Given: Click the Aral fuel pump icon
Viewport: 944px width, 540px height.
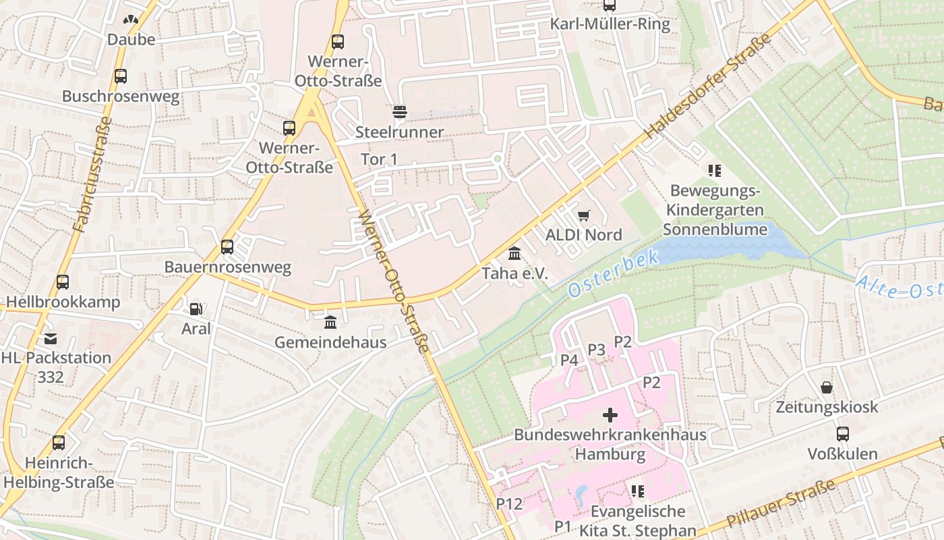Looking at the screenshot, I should [196, 309].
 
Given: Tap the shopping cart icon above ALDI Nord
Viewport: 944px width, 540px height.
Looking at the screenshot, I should [584, 215].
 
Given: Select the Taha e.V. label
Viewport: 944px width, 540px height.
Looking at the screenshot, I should [514, 273].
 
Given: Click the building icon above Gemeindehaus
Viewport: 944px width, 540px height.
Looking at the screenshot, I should [330, 323].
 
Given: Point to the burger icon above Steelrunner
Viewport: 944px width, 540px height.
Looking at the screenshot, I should [400, 111].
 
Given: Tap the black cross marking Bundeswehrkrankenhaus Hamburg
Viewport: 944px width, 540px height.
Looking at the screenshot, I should [610, 414].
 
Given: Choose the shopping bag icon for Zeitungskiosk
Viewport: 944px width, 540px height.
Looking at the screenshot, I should [827, 387].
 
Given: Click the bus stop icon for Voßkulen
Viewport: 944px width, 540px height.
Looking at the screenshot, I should [843, 434].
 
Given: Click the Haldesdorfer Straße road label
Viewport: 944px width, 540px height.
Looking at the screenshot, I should [708, 88].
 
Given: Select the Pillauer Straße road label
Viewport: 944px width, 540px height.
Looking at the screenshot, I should [781, 504].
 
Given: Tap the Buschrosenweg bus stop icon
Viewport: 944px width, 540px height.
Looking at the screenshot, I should [121, 76].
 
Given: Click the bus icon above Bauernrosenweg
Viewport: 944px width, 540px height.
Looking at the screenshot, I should [227, 247].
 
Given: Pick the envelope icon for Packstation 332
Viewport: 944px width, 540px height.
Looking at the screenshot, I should [51, 338].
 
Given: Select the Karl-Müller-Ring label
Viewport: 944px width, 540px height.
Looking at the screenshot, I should [610, 25].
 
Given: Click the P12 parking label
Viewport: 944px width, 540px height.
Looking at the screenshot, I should [509, 504].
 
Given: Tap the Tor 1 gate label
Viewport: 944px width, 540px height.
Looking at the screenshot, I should [379, 159].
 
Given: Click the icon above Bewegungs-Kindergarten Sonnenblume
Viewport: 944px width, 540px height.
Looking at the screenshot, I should [714, 171].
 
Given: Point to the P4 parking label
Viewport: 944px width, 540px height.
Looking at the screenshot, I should [569, 360].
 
